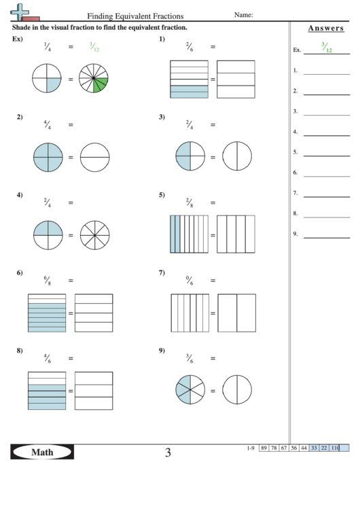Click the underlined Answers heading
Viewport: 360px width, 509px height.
coord(325,29)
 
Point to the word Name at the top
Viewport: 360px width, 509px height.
coord(243,14)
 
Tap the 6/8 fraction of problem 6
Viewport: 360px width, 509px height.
coord(47,279)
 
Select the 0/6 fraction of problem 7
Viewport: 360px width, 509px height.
coord(190,279)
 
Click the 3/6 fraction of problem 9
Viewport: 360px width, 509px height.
coord(190,357)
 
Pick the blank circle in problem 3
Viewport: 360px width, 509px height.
coord(236,158)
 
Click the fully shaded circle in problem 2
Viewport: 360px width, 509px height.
coord(48,158)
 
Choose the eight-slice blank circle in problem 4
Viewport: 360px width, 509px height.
coord(94,235)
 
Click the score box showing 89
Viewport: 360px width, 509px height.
coord(263,448)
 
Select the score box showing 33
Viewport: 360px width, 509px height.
coord(314,448)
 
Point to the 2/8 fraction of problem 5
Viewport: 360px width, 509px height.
coord(190,201)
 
